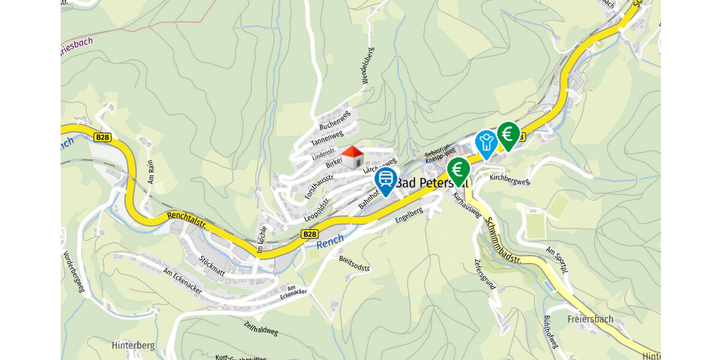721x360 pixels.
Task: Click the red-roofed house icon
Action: (x=352, y=157)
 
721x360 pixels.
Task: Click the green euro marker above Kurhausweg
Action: (x=458, y=170)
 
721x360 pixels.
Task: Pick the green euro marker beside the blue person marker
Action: (x=508, y=134)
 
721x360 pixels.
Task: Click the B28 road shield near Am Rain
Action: (x=103, y=137)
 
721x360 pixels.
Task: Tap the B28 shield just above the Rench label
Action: (x=309, y=234)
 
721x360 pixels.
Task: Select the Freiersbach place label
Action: (x=590, y=319)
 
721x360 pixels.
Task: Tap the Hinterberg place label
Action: (x=133, y=346)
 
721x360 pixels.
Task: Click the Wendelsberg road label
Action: (x=368, y=66)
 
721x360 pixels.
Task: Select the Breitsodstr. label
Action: (x=354, y=262)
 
